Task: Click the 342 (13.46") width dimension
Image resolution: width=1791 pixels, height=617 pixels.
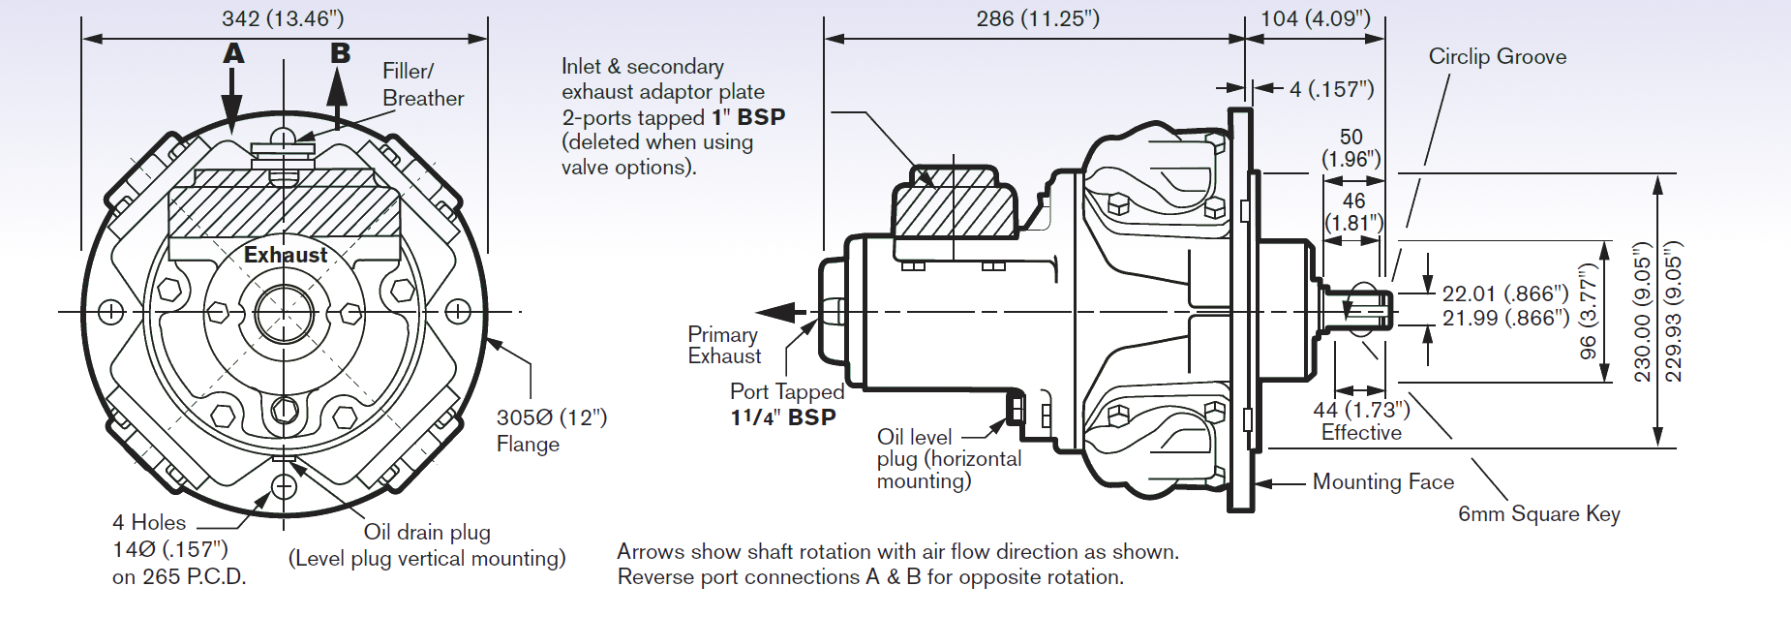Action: point(282,18)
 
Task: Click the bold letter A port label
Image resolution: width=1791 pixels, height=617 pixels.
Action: point(233,54)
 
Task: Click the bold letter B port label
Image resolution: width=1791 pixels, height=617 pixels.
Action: point(340,53)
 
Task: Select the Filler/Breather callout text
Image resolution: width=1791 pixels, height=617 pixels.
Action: point(422,84)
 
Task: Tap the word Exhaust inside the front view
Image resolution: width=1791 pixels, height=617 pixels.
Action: point(286,255)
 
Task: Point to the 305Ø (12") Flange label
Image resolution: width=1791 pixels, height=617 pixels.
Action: point(550,430)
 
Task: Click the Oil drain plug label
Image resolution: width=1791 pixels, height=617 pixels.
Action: point(427,532)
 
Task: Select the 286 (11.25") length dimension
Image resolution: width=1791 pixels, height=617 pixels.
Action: point(1037,18)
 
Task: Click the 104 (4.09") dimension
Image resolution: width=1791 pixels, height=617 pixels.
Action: point(1315,18)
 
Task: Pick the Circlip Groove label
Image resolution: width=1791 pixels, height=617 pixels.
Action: point(1497,56)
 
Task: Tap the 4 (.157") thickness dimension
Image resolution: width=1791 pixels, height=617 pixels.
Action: point(1331,89)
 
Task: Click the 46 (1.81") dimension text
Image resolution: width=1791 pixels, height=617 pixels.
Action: point(1353,211)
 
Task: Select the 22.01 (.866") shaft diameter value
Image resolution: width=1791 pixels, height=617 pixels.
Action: point(1504,293)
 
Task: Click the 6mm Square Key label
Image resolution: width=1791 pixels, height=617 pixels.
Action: point(1538,514)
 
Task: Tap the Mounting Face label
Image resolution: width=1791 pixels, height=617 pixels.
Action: point(1382,481)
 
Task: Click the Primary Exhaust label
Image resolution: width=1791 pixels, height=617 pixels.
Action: point(723,345)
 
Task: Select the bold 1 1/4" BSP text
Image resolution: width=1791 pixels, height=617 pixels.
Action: point(783,417)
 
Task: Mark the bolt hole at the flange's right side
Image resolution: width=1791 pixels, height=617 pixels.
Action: point(458,312)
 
